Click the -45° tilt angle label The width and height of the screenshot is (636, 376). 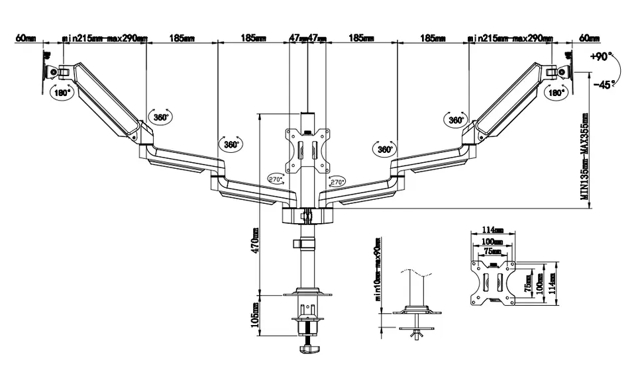point(604,84)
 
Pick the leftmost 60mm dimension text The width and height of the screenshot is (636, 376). point(26,38)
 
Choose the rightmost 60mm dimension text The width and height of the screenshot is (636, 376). point(588,38)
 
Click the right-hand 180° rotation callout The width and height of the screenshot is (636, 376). point(555,93)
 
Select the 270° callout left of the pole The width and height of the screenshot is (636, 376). point(275,179)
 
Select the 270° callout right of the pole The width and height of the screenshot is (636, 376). point(337,181)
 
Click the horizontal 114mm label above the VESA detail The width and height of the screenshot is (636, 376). point(494,230)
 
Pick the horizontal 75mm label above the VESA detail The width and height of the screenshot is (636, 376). point(494,252)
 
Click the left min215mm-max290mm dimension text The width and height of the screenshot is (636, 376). point(104,38)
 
